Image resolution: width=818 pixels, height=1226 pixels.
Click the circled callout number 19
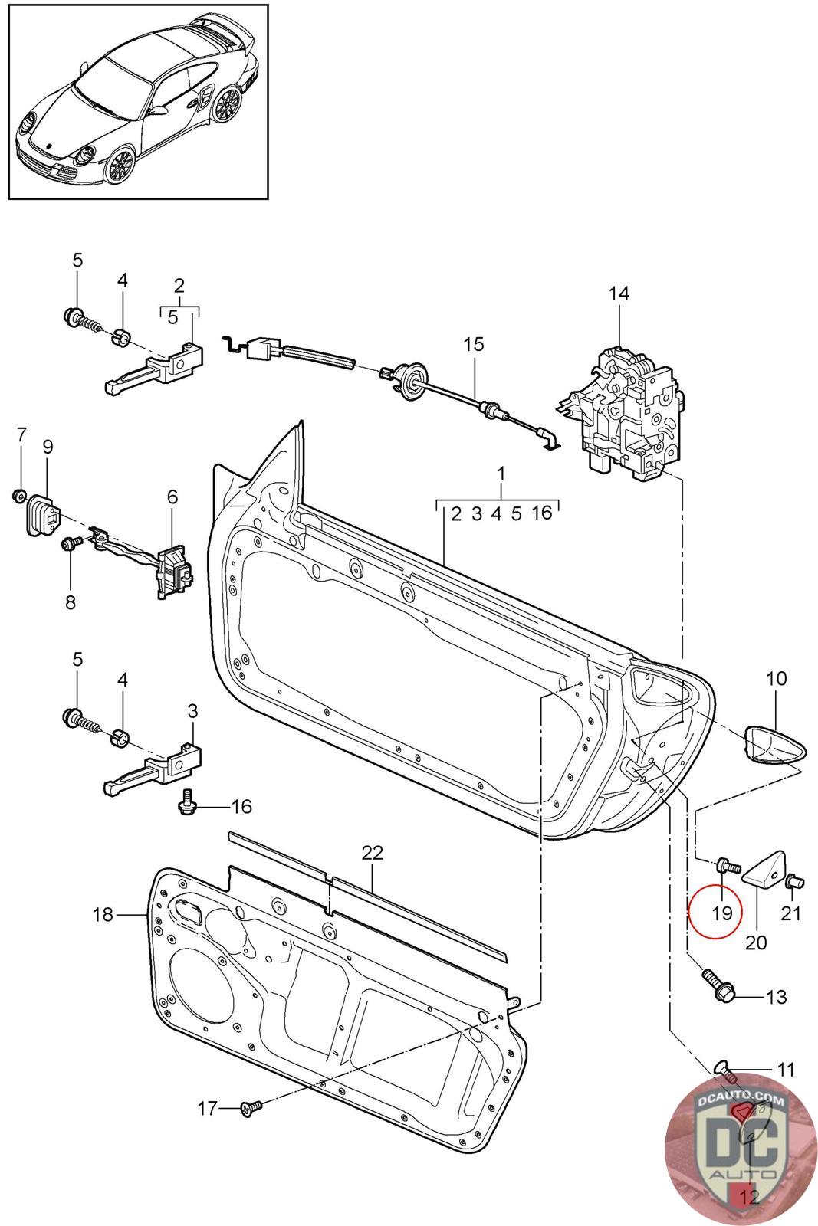click(721, 913)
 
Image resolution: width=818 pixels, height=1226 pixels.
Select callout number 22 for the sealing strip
click(372, 853)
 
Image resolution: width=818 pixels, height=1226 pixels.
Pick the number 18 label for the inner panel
click(103, 914)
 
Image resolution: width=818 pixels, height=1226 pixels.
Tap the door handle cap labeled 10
click(777, 744)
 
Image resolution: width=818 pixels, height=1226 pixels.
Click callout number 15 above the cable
click(474, 344)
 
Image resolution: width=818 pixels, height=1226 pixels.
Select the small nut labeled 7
click(20, 496)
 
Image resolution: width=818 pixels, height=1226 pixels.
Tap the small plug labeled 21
click(793, 881)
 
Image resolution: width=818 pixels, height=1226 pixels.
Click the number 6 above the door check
click(172, 497)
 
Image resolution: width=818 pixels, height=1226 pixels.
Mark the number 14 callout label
click(619, 293)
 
